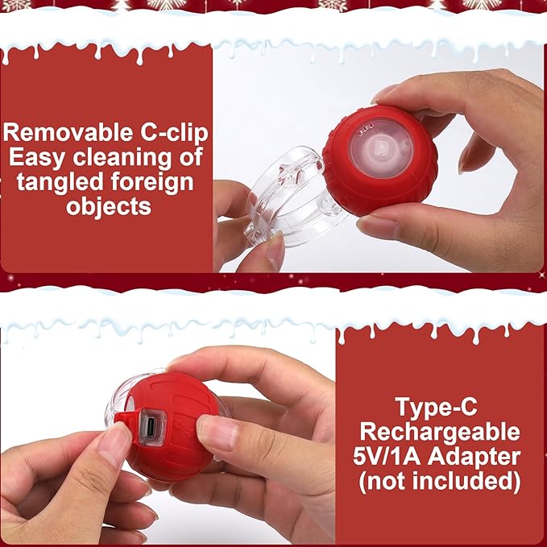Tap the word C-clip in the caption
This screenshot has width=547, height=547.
[x=168, y=131]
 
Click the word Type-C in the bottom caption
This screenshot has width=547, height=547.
[x=440, y=405]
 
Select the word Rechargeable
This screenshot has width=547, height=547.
[x=440, y=431]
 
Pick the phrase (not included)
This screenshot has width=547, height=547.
[x=440, y=483]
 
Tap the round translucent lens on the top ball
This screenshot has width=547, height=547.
[x=380, y=151]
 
